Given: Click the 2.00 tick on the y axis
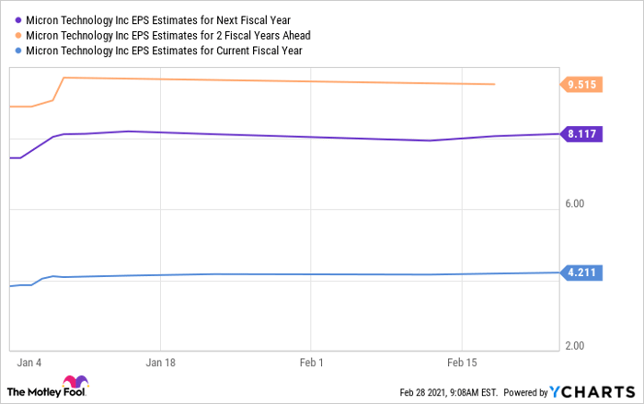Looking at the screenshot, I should (x=574, y=345).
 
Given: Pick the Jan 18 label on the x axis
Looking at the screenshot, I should (x=160, y=362).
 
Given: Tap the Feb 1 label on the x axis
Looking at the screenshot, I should (x=311, y=362).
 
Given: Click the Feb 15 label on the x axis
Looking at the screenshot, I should (x=462, y=362).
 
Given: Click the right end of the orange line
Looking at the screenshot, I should (x=495, y=85).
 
